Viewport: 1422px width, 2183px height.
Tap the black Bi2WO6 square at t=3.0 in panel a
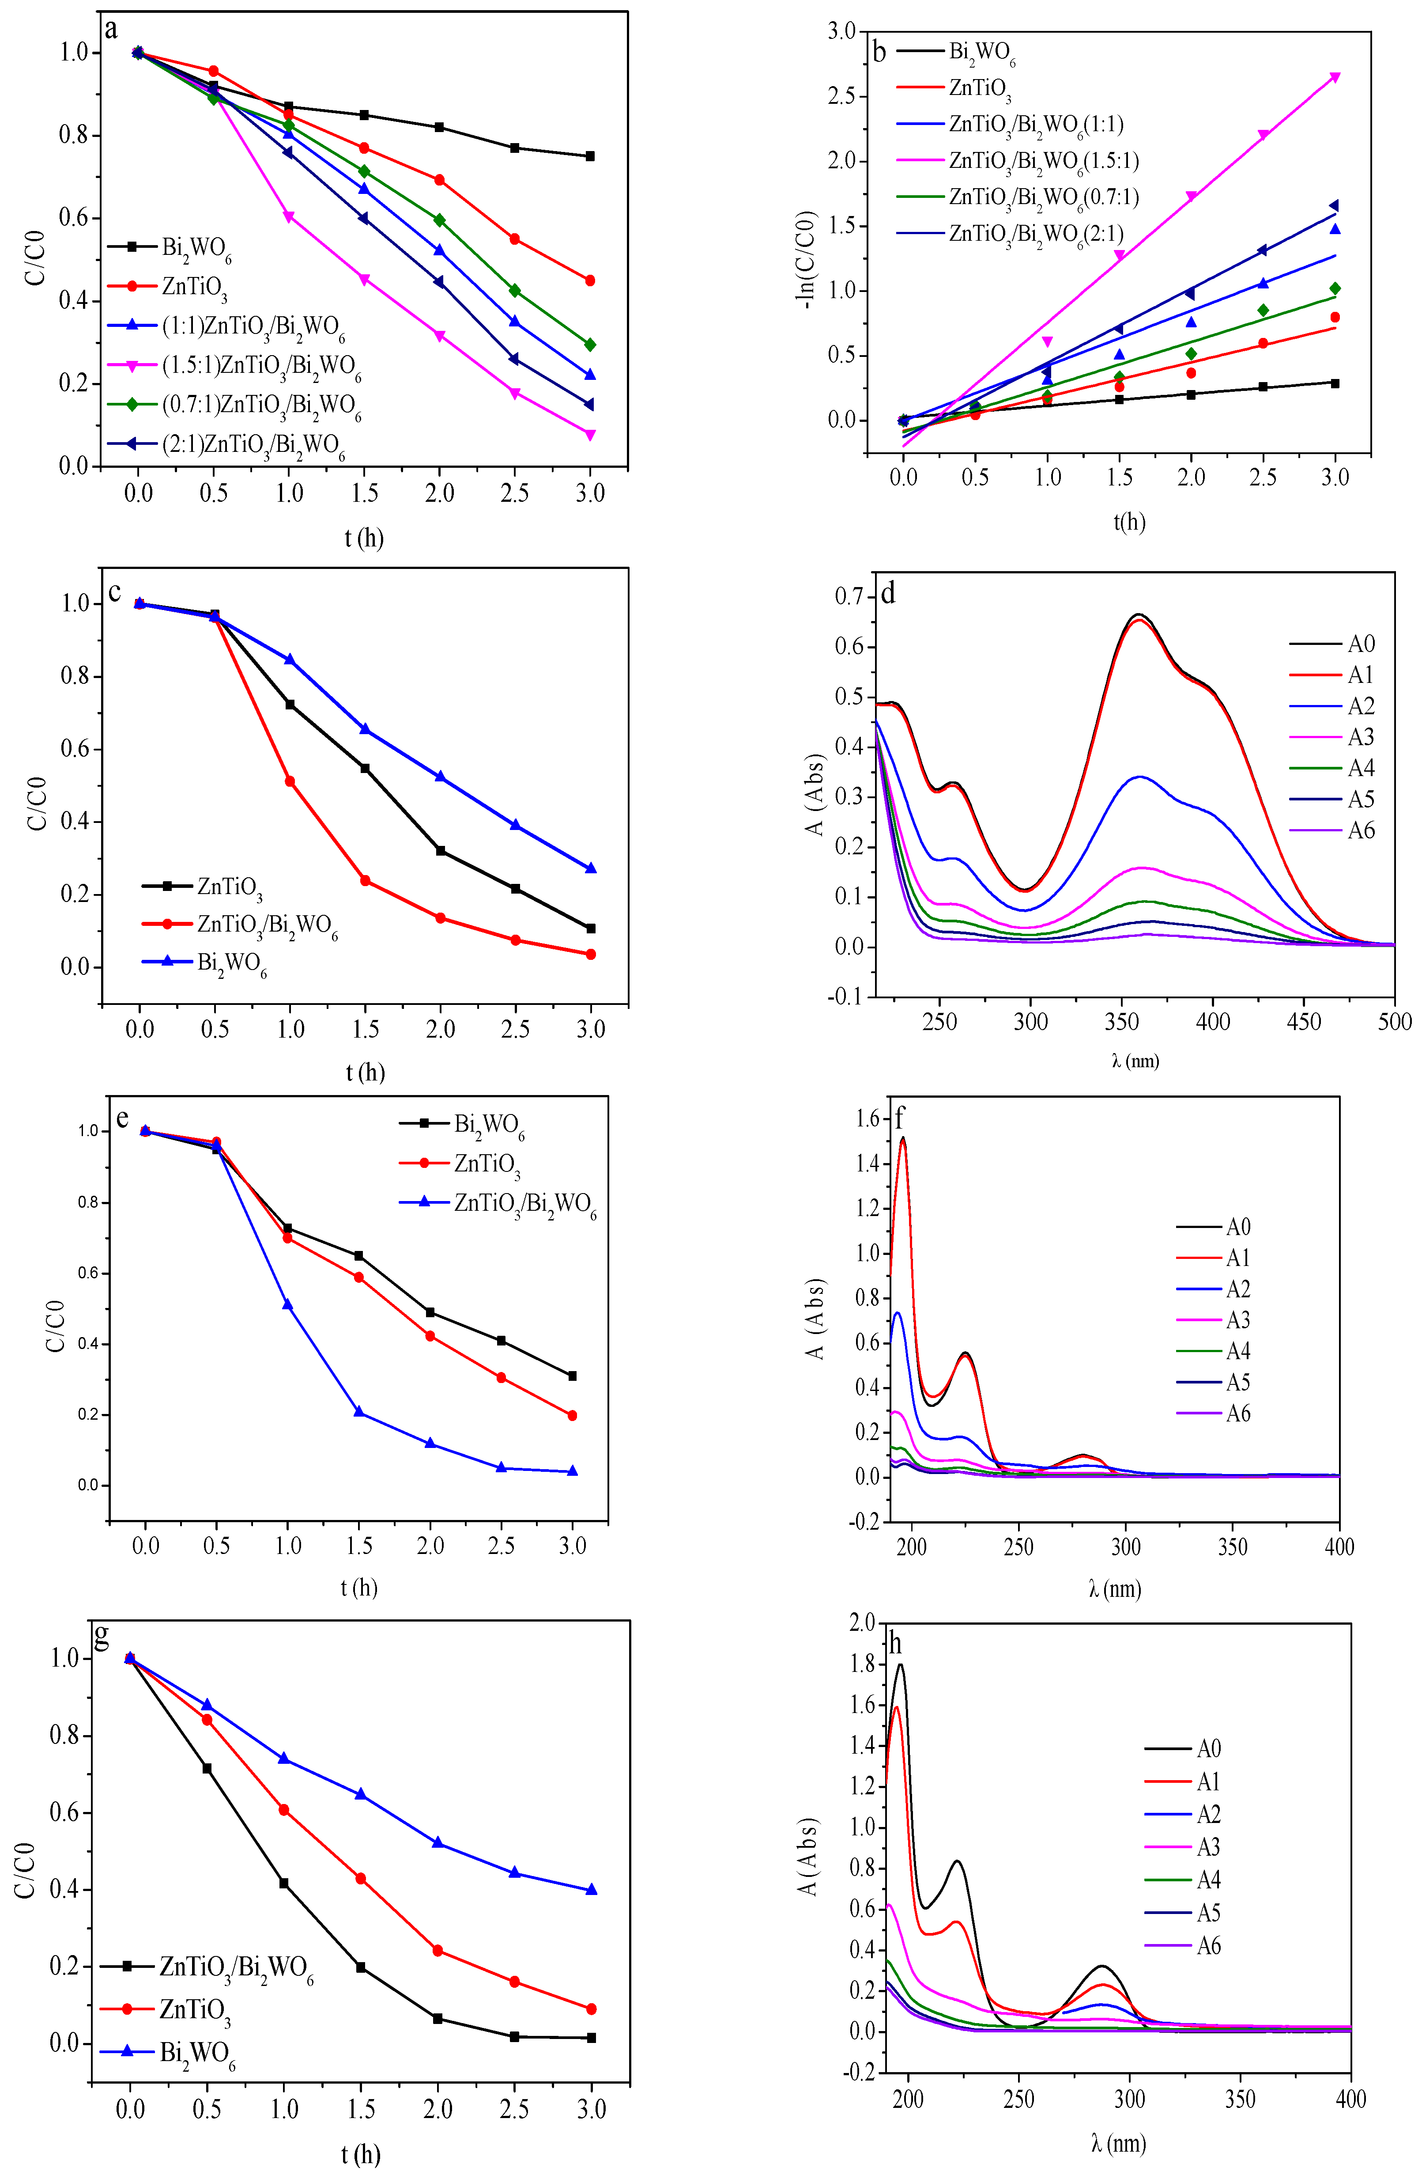click(x=589, y=156)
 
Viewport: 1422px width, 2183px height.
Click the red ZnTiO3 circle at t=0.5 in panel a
click(x=214, y=71)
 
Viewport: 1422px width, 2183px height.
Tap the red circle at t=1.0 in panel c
click(x=290, y=781)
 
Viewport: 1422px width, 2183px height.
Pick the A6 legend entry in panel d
click(x=1361, y=831)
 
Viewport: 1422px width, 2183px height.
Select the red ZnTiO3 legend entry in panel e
click(x=486, y=1163)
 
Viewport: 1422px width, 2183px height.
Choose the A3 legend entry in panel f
click(x=1238, y=1320)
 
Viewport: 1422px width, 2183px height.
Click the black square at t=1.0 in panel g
click(x=283, y=1883)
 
